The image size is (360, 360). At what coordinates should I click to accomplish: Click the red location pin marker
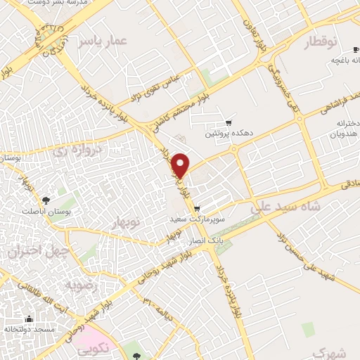(181, 165)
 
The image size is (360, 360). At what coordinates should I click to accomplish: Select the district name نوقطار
(316, 44)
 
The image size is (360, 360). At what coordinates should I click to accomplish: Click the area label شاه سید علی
(285, 206)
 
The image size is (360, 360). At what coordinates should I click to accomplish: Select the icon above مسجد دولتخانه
(29, 319)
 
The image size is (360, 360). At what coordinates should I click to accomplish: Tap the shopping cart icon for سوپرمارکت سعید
(197, 208)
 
